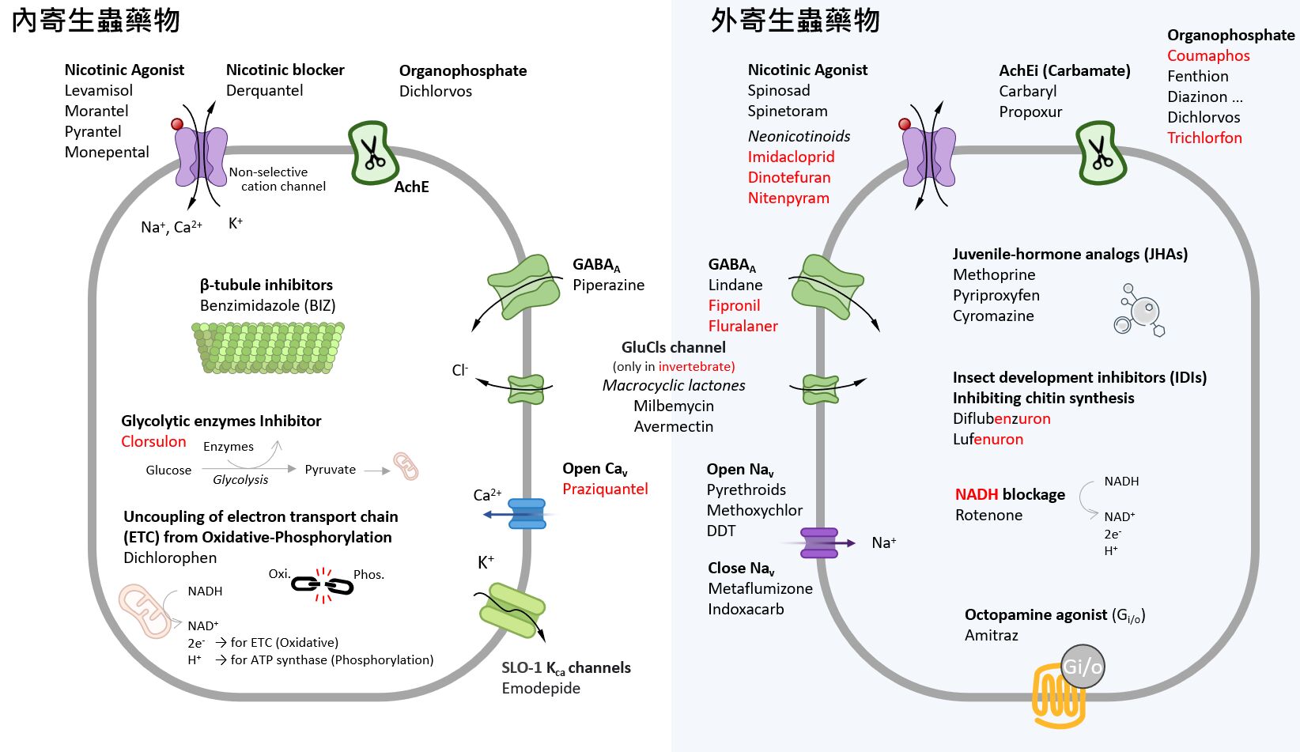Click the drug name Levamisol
99,91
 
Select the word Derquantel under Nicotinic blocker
264,91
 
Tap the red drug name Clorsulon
153,442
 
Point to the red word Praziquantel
605,489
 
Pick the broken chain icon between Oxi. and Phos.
322,585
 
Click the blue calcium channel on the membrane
527,514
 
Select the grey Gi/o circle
1083,667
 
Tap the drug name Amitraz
991,636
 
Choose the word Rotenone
988,516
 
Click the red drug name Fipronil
734,306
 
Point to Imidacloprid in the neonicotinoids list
791,157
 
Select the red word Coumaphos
1208,56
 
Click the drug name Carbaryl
1027,92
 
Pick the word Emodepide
541,689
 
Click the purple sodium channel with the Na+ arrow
819,543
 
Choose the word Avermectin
673,427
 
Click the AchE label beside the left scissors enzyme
411,187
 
